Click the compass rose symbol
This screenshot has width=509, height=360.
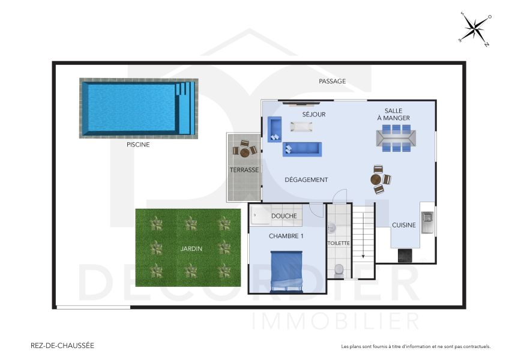coord(475,28)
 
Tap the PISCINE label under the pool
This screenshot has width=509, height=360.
coord(138,145)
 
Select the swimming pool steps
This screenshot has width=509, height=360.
coord(186,109)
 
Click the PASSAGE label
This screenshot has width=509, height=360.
coord(332,82)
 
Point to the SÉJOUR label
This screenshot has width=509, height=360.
coord(313,114)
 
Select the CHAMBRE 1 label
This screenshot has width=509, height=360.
coord(286,236)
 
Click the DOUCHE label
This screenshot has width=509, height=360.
coord(284,216)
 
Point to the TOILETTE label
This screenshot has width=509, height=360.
coord(339,244)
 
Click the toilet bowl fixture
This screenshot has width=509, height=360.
coord(339,270)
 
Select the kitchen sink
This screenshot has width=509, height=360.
coord(427,221)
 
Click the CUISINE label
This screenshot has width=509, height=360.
coord(404,226)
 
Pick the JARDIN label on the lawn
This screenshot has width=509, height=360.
coord(191,248)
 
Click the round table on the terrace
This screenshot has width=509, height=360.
coord(245,152)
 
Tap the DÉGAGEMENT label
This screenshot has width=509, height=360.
coord(306,180)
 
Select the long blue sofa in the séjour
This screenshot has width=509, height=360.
coord(303,148)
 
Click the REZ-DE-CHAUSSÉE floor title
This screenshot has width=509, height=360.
coord(62,346)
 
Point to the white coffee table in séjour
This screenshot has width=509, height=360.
coord(301,126)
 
